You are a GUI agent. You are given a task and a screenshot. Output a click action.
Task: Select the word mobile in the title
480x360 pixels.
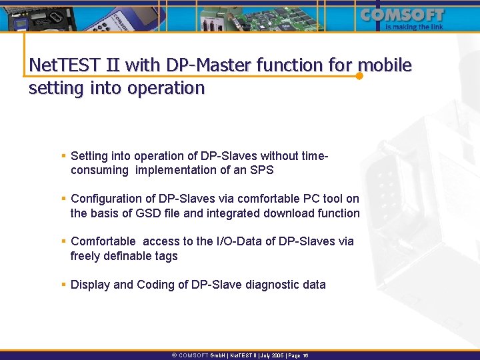tap(385, 65)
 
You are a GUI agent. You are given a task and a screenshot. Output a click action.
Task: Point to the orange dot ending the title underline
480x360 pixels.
tap(359, 76)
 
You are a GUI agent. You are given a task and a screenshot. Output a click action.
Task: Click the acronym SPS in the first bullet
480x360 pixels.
tap(260, 170)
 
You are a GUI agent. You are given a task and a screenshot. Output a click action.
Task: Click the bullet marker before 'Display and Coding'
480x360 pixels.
tap(63, 285)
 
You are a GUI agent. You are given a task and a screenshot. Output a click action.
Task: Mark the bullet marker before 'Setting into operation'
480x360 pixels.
tap(63, 156)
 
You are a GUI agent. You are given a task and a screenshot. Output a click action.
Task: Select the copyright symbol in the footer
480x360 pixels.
tap(175, 356)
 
